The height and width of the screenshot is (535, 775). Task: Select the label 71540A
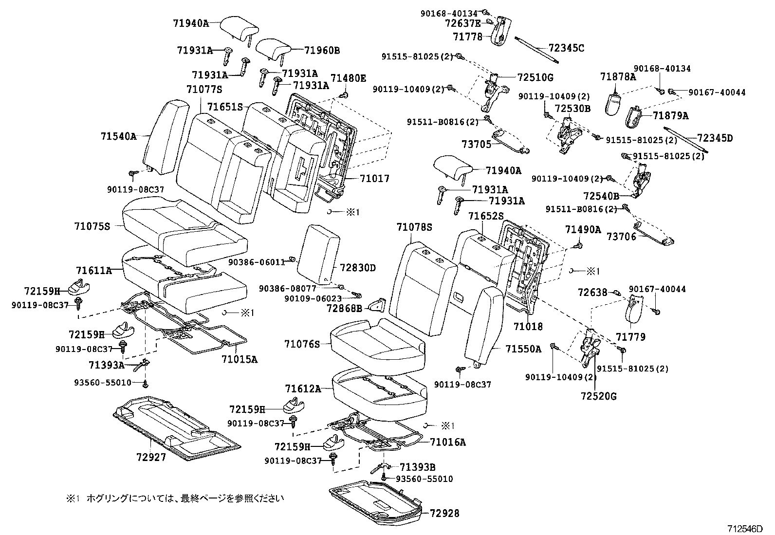tap(119, 136)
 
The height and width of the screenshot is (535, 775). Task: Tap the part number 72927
tap(151, 457)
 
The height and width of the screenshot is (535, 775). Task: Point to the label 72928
tap(444, 513)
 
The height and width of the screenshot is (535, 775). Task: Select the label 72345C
tap(566, 48)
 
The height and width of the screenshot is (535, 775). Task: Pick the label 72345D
tap(715, 138)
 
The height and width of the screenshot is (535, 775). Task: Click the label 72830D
tap(358, 268)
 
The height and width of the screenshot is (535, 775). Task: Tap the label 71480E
tap(349, 78)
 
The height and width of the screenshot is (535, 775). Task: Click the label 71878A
tap(618, 76)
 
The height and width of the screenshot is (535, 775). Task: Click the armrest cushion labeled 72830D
tap(318, 253)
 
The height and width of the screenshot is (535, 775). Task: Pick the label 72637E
tap(463, 23)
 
